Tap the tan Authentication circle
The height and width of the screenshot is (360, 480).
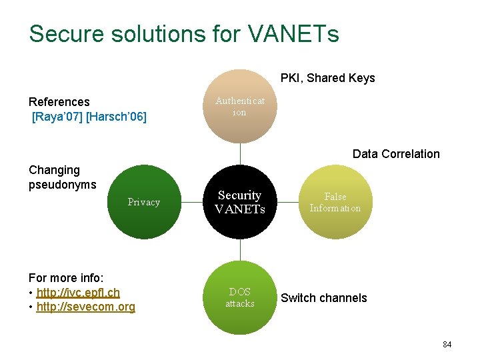pos(240,107)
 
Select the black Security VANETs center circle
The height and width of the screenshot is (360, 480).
pos(240,201)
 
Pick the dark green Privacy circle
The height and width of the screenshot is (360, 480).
pos(144,202)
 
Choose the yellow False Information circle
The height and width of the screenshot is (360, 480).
pos(335,202)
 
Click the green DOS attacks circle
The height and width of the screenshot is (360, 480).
pos(240,297)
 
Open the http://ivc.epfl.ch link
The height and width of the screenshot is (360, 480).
pos(78,293)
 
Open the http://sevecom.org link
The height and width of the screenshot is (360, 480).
pos(86,307)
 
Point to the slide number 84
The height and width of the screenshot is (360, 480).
pos(447,345)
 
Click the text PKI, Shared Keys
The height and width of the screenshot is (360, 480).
pos(327,78)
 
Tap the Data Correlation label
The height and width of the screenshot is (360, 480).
pos(396,154)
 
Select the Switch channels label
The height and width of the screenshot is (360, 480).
pos(323,298)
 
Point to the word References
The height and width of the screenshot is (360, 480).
pos(59,102)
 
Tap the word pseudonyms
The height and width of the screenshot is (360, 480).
pos(62,185)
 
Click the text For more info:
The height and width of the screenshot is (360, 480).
pos(70,278)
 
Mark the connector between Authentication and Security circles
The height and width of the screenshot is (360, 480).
pos(240,154)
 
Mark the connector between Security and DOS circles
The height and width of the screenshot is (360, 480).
pos(240,249)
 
